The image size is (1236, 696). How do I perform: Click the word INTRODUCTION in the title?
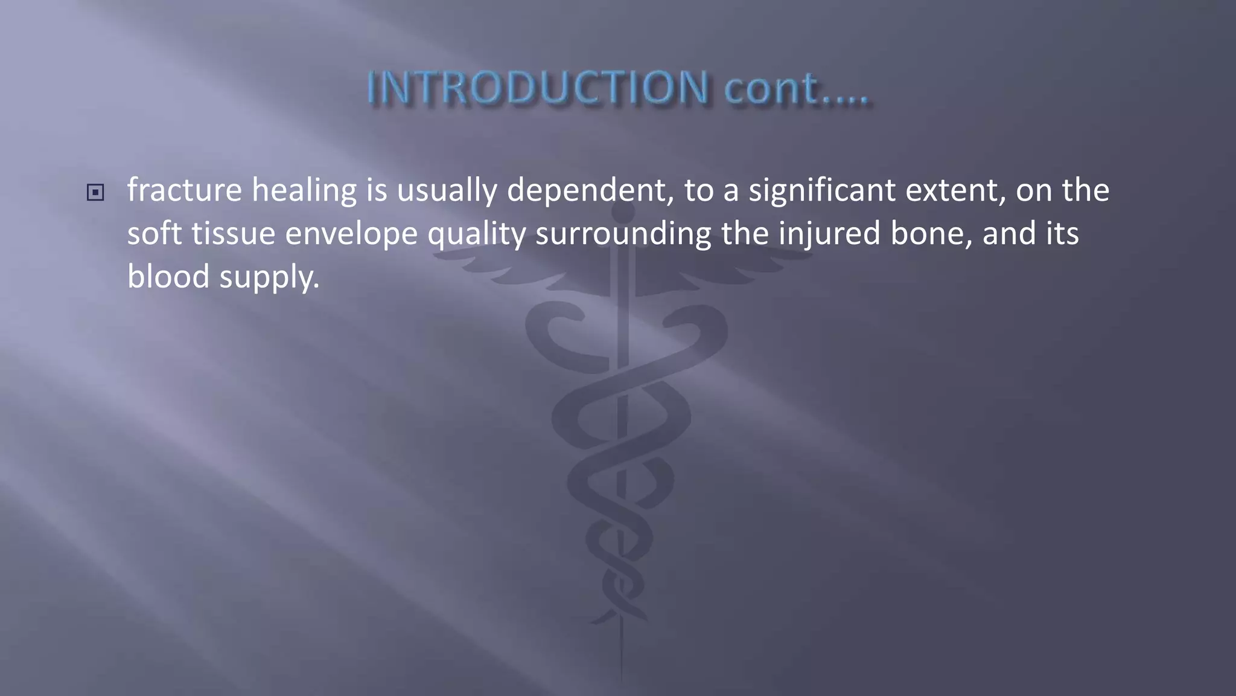pyautogui.click(x=538, y=88)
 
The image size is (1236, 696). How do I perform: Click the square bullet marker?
pyautogui.click(x=95, y=193)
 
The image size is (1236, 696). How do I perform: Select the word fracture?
pyautogui.click(x=184, y=190)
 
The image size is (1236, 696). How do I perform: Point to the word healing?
pyautogui.click(x=304, y=190)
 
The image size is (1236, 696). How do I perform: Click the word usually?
pyautogui.click(x=446, y=190)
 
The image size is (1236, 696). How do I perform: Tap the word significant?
pyautogui.click(x=822, y=190)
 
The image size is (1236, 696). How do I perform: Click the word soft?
pyautogui.click(x=154, y=234)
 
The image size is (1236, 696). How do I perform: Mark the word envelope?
pyautogui.click(x=351, y=234)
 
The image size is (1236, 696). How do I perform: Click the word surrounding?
pyautogui.click(x=623, y=234)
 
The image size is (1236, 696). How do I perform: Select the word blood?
pyautogui.click(x=168, y=277)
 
